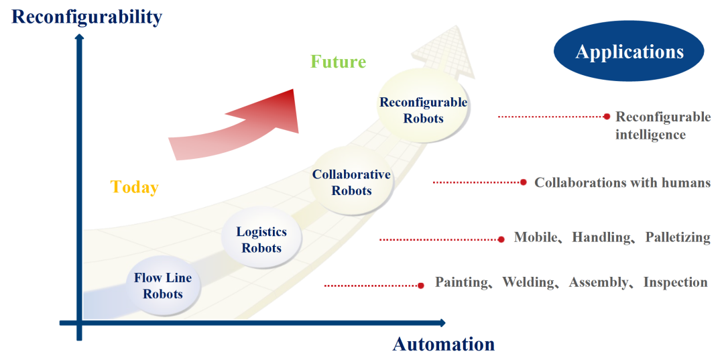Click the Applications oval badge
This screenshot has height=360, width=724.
pos(629,52)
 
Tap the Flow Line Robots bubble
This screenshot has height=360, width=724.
pos(163,286)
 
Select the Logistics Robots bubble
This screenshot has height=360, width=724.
pos(261,240)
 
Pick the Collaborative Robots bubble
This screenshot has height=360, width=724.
pos(351,182)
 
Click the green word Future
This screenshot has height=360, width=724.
pos(338,62)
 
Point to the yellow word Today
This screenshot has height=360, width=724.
pos(134,187)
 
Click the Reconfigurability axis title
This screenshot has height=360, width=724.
pos(87,16)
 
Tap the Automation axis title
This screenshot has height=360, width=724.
pos(443,345)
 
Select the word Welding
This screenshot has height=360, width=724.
pos(529,282)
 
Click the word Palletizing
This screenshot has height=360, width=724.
pos(678,237)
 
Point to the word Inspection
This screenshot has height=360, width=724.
pos(675,282)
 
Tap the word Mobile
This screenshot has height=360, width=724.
pos(535,237)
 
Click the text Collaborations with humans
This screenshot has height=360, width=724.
pos(622,182)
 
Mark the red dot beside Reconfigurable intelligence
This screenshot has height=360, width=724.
pos(607,116)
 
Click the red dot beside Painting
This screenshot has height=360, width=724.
pos(420,286)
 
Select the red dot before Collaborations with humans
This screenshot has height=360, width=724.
pos(523,182)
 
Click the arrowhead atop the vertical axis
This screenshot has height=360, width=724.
pos(79,36)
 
